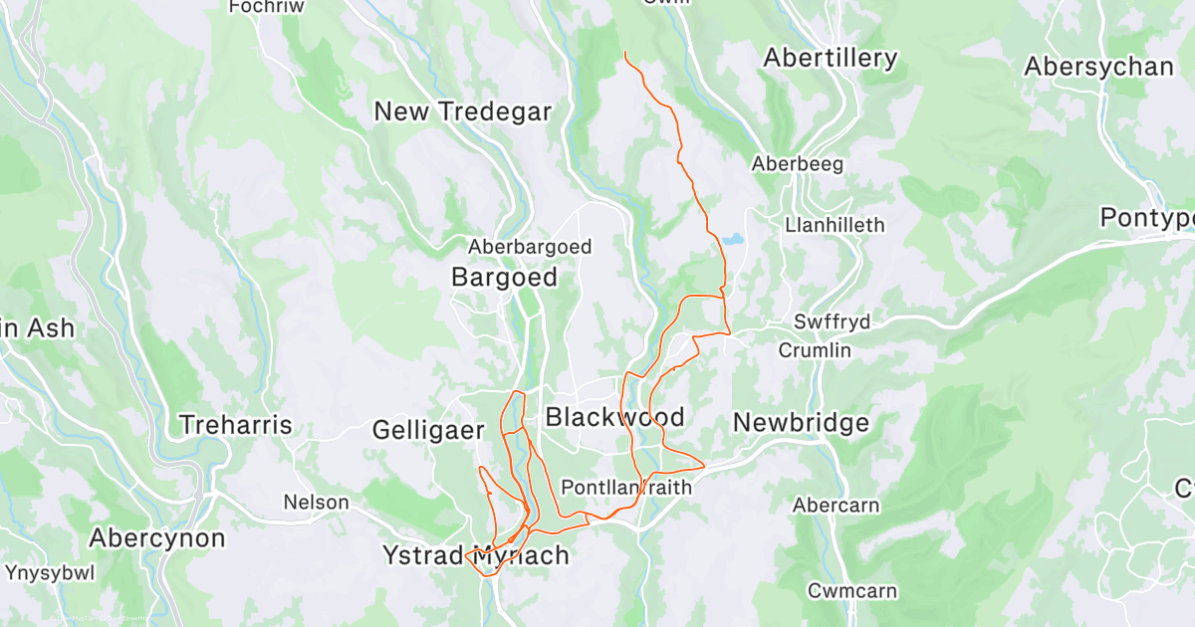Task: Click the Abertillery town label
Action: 830,59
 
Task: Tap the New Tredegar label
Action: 462,111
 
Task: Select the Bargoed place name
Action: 504,277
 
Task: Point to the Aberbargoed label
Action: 530,247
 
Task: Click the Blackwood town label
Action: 614,416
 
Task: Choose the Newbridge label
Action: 801,423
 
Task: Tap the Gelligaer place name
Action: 427,430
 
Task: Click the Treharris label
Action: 235,426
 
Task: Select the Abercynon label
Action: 157,538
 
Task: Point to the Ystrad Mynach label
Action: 476,555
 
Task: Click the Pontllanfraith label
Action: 626,488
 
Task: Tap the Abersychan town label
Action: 1098,67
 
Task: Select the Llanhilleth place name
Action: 835,225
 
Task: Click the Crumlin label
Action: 815,350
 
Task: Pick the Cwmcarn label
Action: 851,591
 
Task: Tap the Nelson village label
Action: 317,502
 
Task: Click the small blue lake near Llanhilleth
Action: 733,240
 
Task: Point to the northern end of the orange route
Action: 624,52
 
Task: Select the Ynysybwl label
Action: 50,573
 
